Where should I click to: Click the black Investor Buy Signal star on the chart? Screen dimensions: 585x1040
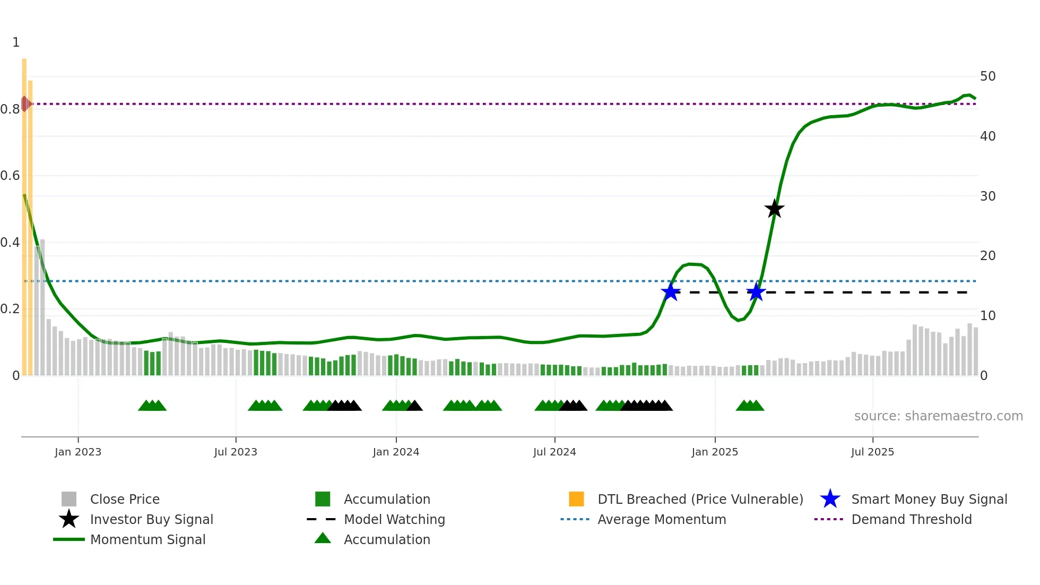click(774, 209)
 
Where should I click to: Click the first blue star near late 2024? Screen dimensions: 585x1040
click(671, 292)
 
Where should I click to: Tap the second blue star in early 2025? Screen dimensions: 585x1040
click(756, 292)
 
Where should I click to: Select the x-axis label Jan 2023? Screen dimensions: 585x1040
click(78, 452)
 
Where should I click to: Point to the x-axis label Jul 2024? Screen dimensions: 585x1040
click(554, 452)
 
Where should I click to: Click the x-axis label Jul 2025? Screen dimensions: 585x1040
click(872, 452)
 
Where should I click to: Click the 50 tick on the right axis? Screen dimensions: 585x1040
click(987, 76)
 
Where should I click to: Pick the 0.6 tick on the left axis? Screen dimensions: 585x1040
click(11, 176)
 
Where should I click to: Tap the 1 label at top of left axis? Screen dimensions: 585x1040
click(16, 42)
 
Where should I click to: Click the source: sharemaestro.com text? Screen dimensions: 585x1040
click(938, 416)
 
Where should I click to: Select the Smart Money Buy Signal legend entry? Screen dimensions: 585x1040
click(929, 499)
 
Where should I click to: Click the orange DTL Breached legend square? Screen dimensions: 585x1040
click(576, 499)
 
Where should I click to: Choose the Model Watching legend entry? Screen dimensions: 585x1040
click(394, 519)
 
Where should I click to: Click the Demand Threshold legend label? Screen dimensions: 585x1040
click(911, 519)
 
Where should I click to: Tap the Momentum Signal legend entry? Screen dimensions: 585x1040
click(148, 539)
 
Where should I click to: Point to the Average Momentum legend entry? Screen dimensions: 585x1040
click(661, 519)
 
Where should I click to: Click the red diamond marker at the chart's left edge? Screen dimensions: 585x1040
click(25, 104)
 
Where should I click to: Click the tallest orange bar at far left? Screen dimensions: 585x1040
click(24, 212)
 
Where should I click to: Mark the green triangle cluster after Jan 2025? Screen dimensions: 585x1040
click(750, 406)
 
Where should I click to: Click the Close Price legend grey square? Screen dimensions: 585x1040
click(69, 499)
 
